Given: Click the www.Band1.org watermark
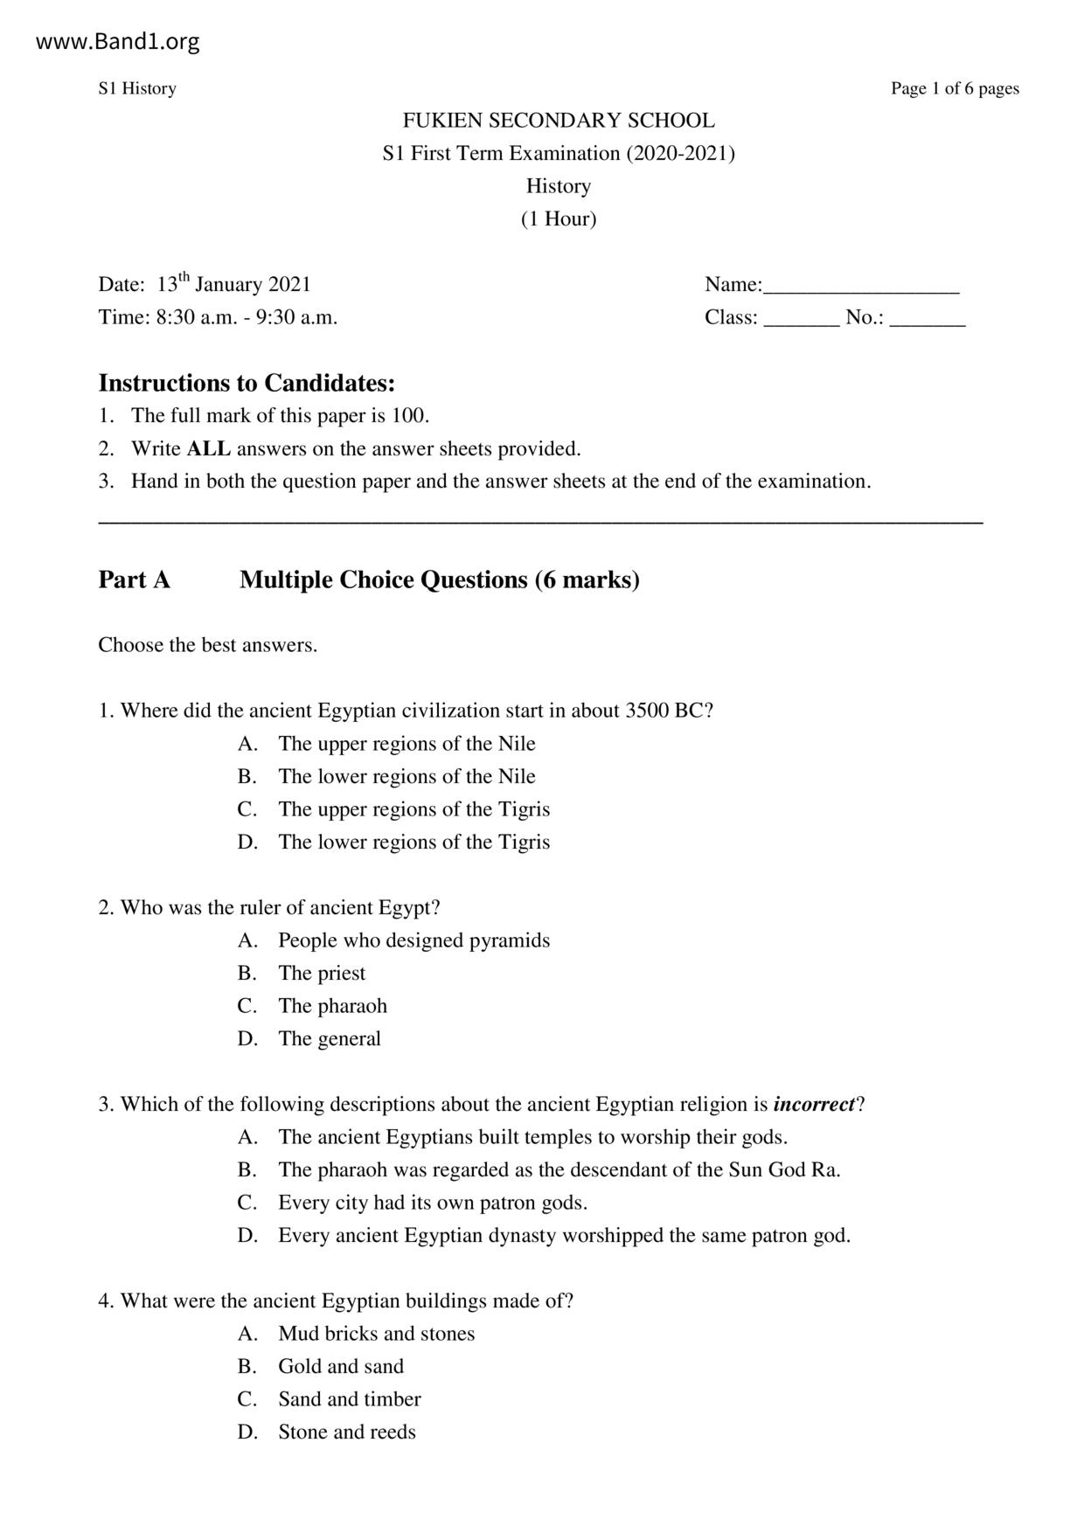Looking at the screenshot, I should coord(117,42).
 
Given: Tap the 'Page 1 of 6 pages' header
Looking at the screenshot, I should coord(955,88).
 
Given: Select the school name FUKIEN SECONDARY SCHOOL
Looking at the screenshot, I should coord(559,121).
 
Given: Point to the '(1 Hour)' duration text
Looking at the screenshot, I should coord(559,219).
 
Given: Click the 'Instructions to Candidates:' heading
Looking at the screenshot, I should coord(247,383).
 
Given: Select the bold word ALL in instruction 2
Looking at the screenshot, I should coord(209,449).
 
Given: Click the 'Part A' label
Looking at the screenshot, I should coord(134,579).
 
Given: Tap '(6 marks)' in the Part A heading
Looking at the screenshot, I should coord(587,579).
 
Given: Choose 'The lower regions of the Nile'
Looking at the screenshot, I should coord(406,776).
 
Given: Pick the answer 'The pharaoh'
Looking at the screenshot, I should coord(332,1006).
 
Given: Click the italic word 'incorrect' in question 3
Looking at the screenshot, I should coord(814,1105).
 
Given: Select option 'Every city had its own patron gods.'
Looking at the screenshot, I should coord(433,1203).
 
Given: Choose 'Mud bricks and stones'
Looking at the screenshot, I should coord(377,1334).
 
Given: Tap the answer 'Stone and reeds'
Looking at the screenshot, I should coord(347,1432).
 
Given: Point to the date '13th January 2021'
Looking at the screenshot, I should coord(233,285).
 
